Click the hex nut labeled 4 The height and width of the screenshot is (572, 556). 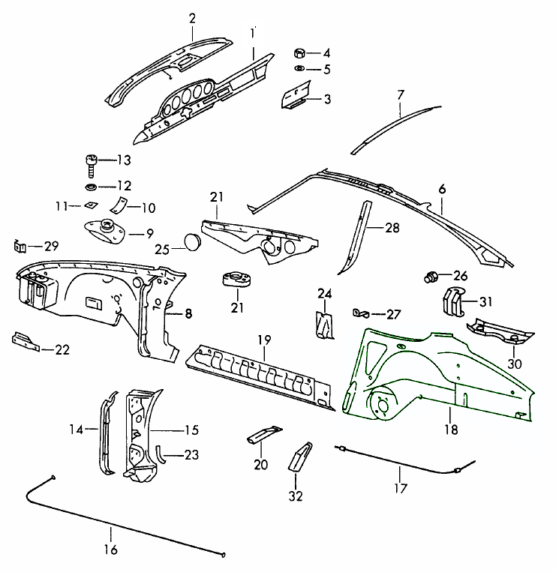click(299, 54)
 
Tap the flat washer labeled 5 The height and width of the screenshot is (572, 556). click(299, 70)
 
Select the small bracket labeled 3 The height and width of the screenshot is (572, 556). click(296, 99)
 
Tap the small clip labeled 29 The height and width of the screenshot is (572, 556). click(22, 246)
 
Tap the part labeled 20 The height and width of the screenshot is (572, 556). click(262, 436)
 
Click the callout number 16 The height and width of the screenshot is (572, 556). click(110, 550)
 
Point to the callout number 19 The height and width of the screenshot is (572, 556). click(263, 340)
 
